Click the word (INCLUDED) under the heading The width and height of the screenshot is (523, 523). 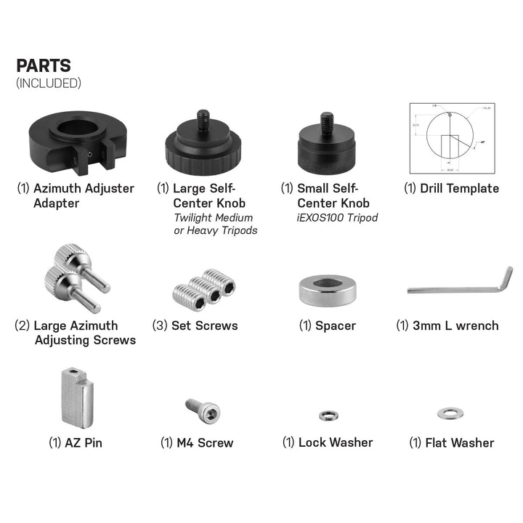[48, 83]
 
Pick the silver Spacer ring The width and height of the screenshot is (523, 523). [327, 289]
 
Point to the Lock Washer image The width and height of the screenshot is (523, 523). [327, 415]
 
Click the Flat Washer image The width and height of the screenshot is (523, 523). [447, 413]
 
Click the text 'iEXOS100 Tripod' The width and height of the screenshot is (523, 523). [338, 217]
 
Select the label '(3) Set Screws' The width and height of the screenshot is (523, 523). [195, 325]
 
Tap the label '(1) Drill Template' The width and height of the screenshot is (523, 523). [450, 188]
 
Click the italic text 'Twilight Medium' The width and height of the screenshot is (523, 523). [213, 217]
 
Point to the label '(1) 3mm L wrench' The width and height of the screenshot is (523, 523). [447, 325]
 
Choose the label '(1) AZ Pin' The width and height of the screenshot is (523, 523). [76, 442]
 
